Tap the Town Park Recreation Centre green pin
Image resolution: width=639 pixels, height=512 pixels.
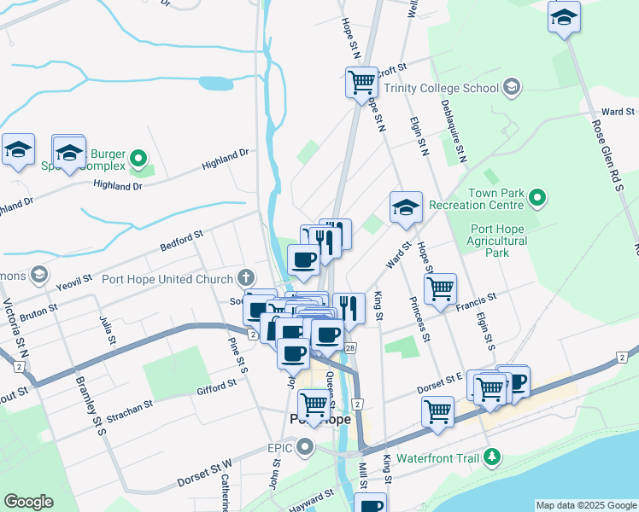click(x=536, y=199)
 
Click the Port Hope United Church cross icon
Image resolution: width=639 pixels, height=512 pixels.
click(x=246, y=277)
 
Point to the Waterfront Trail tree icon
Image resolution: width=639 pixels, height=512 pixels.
click(x=491, y=457)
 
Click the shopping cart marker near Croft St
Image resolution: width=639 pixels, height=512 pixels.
click(x=362, y=82)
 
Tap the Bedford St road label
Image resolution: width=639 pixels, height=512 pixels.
click(x=181, y=241)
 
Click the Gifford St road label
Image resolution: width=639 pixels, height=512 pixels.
click(x=214, y=389)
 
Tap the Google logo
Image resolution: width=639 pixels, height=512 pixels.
click(x=28, y=502)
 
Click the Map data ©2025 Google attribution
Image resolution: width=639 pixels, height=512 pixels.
click(x=586, y=505)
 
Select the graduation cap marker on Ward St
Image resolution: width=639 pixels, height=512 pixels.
click(x=407, y=207)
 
